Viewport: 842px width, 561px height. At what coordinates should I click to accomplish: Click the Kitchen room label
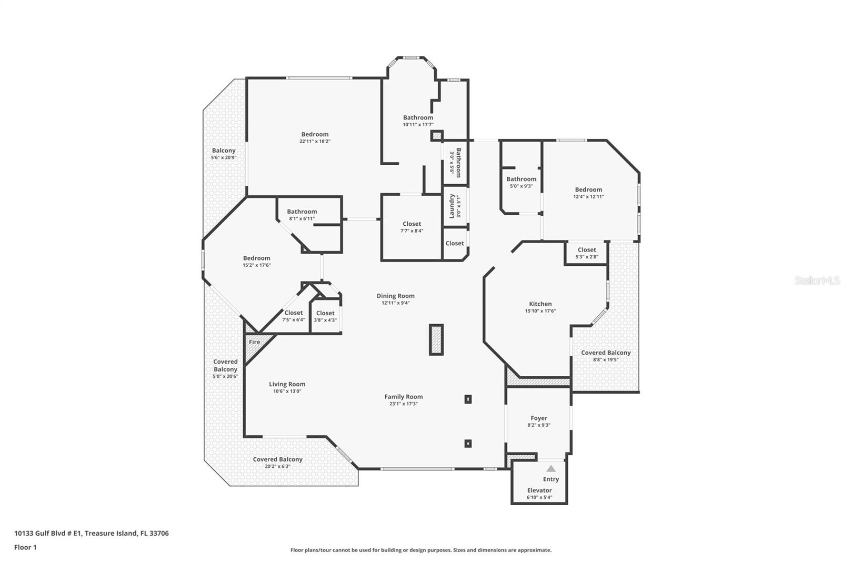(x=540, y=304)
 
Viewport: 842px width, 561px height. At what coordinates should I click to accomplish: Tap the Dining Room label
(x=395, y=296)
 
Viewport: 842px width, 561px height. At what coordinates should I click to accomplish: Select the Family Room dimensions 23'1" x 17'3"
(x=403, y=404)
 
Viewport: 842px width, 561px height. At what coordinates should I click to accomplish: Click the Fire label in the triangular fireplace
(x=254, y=342)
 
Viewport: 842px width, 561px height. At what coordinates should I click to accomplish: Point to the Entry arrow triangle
(x=550, y=468)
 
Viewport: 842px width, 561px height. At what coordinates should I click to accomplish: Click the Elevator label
(x=539, y=490)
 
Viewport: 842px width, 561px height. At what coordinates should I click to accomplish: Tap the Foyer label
(x=538, y=418)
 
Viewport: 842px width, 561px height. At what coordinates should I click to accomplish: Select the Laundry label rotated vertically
(x=452, y=206)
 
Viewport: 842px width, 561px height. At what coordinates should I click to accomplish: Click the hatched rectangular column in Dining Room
(x=436, y=339)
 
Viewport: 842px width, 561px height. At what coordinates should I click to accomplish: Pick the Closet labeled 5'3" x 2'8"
(x=586, y=250)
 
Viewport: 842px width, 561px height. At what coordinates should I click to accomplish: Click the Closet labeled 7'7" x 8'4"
(x=412, y=224)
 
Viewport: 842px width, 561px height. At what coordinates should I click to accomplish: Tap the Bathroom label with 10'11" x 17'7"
(x=418, y=118)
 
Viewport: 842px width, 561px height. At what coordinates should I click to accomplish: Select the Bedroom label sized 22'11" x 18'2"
(x=315, y=134)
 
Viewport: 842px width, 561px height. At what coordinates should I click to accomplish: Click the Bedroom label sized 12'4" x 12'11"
(x=588, y=189)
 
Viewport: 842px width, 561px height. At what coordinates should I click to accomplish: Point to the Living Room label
(x=287, y=384)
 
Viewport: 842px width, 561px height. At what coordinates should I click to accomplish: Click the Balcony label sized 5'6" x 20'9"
(x=224, y=151)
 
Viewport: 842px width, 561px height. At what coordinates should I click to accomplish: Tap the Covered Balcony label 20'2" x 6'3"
(x=277, y=459)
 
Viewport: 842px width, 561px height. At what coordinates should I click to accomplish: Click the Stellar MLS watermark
(x=817, y=280)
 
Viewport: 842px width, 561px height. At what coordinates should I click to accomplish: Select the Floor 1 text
(x=25, y=547)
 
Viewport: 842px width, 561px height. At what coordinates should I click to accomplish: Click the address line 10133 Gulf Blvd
(x=91, y=533)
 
